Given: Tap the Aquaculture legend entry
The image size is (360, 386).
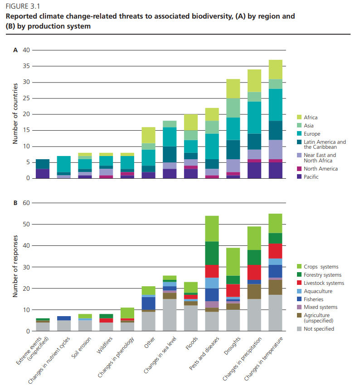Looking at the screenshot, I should point(319,291).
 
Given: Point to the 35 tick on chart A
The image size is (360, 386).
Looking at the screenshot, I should point(26,66).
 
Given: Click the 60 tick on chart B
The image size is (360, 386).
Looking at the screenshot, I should point(26,203).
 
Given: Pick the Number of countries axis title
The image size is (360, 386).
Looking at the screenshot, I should point(15,114).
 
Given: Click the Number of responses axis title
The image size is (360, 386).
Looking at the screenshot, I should point(15,267).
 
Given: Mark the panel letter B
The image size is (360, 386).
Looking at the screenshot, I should point(15,203).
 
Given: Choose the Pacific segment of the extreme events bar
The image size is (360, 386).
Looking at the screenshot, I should point(43,173).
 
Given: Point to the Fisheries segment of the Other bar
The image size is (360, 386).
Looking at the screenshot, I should point(149,303).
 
